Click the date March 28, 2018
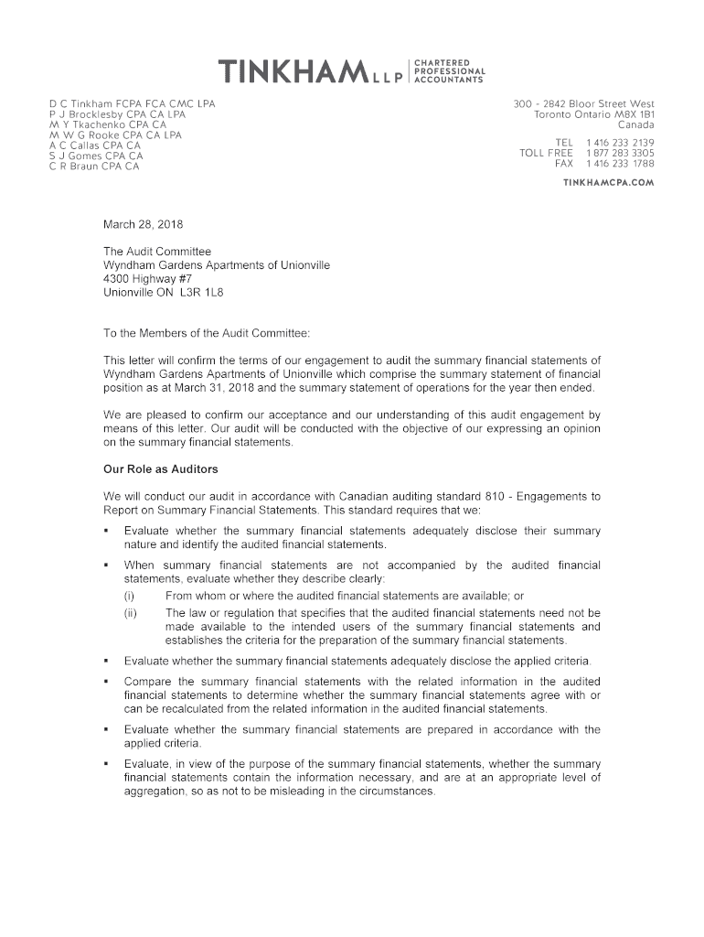click(144, 224)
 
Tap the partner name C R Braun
click(73, 167)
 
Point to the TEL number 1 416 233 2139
click(620, 143)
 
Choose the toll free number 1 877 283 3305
click(620, 153)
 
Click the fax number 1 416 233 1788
click(620, 164)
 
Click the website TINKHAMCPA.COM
click(608, 182)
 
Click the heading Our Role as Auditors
click(160, 469)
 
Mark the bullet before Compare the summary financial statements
click(108, 682)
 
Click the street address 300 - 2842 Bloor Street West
click(584, 104)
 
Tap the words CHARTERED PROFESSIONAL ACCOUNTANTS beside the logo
click(449, 70)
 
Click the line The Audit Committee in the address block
click(157, 252)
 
